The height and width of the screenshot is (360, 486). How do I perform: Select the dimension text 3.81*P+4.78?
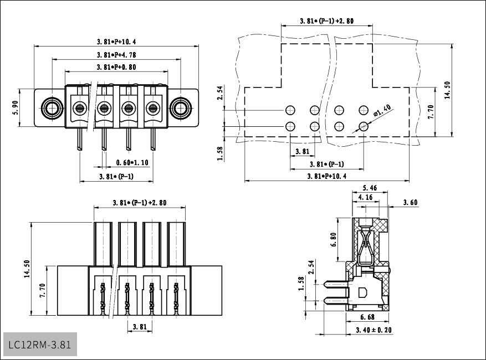tap(116, 55)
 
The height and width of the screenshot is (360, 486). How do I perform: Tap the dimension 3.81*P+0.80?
tap(116, 67)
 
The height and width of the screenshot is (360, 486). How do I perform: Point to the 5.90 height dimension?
tap(16, 107)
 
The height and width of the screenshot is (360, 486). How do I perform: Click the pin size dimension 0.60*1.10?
tap(132, 163)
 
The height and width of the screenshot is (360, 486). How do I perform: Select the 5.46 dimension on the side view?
tap(369, 188)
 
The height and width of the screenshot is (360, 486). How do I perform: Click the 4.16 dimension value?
tap(365, 197)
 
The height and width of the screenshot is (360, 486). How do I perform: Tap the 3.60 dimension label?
tap(410, 203)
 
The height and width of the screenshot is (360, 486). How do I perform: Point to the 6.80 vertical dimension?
tap(332, 239)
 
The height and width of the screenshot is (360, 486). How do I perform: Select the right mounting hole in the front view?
tap(180, 107)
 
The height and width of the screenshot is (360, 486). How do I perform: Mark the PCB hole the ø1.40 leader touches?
tap(364, 126)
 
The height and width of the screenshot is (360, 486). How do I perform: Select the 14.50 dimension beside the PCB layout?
tap(447, 90)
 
